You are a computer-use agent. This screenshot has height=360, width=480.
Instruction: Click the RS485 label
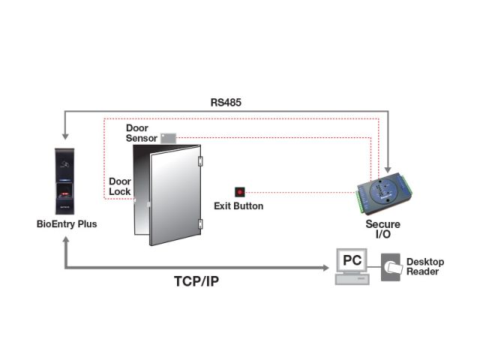click(226, 101)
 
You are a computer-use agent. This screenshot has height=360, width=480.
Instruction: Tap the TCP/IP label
click(196, 281)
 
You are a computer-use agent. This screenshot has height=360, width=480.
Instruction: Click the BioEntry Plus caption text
click(67, 223)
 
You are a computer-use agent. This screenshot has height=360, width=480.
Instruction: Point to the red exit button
click(240, 192)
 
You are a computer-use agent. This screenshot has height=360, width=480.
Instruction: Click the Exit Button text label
click(238, 206)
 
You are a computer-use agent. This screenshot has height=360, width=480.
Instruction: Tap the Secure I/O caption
click(382, 229)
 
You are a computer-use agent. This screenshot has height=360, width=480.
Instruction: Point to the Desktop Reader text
click(425, 266)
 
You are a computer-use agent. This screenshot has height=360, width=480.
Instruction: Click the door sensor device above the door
click(168, 138)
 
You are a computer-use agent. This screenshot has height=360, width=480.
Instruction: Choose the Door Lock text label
click(120, 186)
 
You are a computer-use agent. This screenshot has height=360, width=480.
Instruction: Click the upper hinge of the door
click(199, 160)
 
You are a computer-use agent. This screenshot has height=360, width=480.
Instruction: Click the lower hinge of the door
click(199, 223)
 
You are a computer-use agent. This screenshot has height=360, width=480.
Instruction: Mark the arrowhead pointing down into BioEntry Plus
click(67, 134)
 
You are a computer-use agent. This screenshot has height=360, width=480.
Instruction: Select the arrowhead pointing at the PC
click(327, 267)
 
